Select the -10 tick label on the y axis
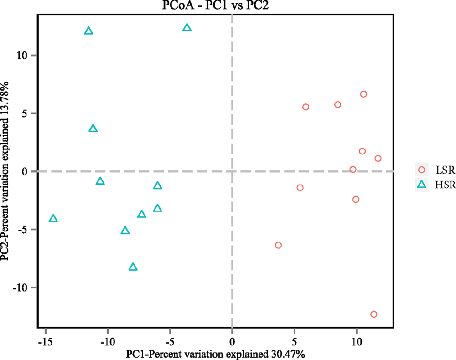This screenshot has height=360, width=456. coord(22,288)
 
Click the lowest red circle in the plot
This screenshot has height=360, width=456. coord(374,314)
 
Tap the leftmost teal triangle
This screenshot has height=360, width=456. coord(53,219)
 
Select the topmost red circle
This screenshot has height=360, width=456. coord(363,94)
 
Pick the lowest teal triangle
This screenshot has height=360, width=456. coord(133,267)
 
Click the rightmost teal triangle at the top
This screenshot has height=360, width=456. coord(187,28)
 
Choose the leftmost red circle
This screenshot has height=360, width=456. coord(278,245)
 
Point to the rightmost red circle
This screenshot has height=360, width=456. coord(378,158)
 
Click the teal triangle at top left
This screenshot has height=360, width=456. coord(89,31)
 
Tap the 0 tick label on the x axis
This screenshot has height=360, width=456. coord(232,340)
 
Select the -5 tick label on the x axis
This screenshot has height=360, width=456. coord(169,340)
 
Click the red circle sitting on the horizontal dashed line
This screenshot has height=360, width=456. coord(352,170)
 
